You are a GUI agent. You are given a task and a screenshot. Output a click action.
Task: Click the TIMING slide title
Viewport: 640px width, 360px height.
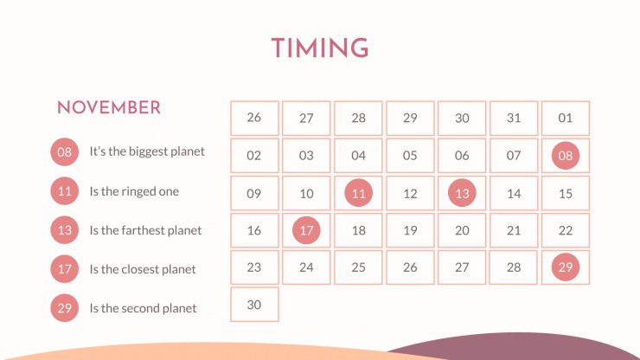click(320, 48)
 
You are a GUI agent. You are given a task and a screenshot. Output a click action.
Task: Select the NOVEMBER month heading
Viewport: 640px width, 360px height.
click(109, 107)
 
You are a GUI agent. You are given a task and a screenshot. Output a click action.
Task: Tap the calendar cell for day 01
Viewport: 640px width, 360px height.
click(566, 118)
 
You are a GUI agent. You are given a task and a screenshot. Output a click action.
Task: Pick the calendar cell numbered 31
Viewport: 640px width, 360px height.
click(514, 118)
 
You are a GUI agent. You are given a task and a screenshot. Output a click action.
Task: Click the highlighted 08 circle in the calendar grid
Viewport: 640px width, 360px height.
click(566, 155)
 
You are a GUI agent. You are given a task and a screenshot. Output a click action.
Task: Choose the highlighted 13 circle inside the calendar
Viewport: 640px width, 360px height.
click(462, 193)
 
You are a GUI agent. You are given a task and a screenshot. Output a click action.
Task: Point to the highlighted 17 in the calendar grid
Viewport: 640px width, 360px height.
click(306, 230)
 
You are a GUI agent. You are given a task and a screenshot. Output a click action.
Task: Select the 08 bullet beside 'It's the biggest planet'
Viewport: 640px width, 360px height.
click(65, 152)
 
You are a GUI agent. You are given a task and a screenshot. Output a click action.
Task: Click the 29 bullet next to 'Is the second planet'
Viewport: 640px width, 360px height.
click(65, 308)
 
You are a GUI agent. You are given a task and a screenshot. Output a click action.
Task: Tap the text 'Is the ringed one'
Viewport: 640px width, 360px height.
click(134, 191)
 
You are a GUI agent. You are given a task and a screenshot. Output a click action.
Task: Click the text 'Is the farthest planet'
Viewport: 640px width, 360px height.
click(145, 230)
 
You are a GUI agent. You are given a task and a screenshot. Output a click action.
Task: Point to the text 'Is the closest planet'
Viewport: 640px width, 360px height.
click(143, 269)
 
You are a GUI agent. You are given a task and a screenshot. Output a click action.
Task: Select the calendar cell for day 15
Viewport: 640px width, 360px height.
click(566, 193)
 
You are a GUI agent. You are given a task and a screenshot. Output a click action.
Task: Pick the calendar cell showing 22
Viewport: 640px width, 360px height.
click(566, 230)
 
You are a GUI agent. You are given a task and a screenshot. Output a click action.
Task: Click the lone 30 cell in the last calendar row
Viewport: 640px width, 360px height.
click(254, 305)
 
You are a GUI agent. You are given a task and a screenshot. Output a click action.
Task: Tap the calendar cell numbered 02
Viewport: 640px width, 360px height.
click(254, 155)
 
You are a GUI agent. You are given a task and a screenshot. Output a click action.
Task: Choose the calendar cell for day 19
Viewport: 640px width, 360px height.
click(410, 230)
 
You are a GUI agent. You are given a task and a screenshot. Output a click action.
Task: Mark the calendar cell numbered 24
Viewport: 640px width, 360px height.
click(306, 267)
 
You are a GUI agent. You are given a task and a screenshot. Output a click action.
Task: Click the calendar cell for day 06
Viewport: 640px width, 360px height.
click(462, 155)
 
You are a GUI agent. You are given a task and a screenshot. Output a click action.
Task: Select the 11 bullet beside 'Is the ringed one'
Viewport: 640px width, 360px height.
click(65, 191)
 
